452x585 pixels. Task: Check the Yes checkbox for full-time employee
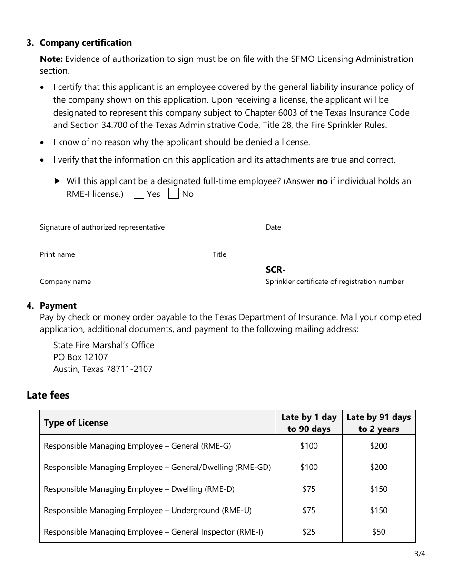[x=139, y=194]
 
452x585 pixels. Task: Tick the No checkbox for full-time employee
[x=174, y=194]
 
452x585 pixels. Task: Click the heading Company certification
[x=86, y=43]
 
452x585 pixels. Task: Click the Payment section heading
[x=58, y=306]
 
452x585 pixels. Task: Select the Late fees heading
[x=48, y=395]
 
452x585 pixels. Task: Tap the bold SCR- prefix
[x=275, y=270]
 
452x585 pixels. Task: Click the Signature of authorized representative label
[x=102, y=227]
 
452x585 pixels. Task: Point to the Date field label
[x=273, y=227]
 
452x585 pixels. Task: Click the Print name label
[x=57, y=254]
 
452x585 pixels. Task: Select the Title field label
[x=219, y=254]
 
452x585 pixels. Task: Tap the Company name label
[x=65, y=282]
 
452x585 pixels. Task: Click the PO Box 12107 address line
[x=80, y=357]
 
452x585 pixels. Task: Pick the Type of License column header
[x=76, y=423]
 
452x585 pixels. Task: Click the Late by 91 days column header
[x=379, y=423]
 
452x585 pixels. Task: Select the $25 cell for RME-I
[x=309, y=532]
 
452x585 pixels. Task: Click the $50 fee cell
[x=379, y=532]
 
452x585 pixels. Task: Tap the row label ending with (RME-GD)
[x=157, y=467]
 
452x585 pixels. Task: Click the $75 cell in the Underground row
[x=309, y=510]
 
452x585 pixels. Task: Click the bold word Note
[x=51, y=59]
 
